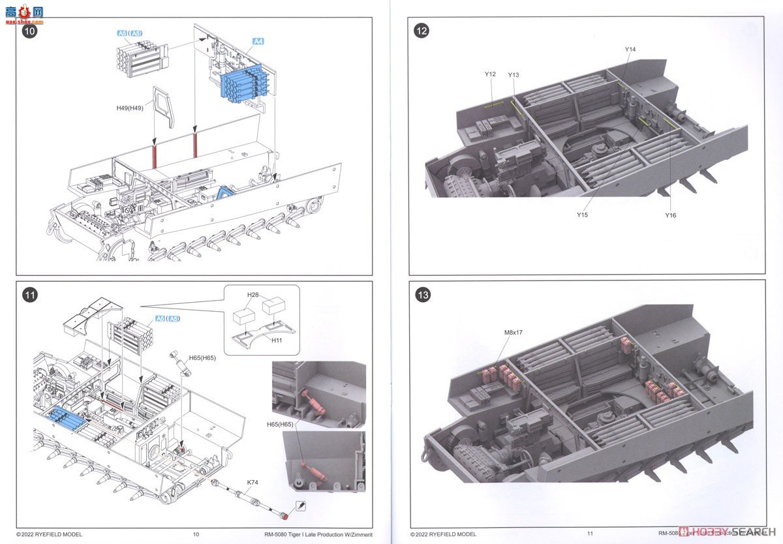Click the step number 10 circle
click(x=30, y=31)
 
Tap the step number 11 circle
click(x=30, y=295)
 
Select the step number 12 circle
click(x=422, y=31)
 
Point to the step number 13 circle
click(x=422, y=295)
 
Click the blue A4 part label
click(x=258, y=42)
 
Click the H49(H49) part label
click(x=131, y=108)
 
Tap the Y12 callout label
click(x=490, y=74)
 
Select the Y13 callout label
click(x=513, y=75)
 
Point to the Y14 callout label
click(x=630, y=50)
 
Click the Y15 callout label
click(x=582, y=215)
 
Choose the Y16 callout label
click(x=671, y=215)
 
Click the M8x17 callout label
click(x=514, y=333)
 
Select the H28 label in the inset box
click(x=253, y=295)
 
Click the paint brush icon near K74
click(x=301, y=506)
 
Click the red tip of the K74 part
click(x=285, y=517)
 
